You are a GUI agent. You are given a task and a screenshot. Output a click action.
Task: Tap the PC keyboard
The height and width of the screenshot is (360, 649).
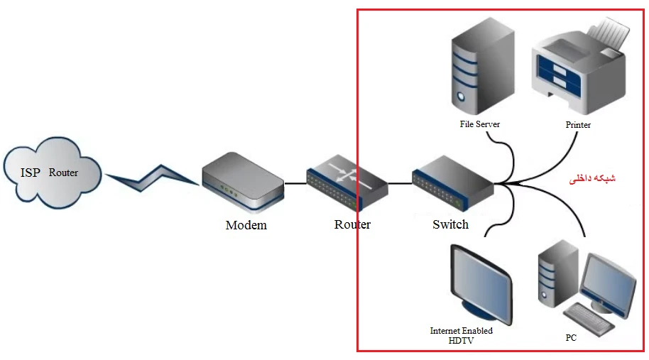(589, 317)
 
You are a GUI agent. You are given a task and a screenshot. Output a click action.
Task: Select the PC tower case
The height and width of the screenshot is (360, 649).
(558, 273)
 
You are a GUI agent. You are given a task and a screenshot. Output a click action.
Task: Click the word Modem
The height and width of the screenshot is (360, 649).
(246, 225)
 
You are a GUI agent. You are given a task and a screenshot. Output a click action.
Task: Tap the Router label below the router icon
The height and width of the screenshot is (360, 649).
(352, 225)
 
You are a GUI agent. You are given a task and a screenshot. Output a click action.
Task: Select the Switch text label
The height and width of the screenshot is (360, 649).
(450, 224)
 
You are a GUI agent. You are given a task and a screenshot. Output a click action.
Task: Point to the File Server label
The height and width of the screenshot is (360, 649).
(479, 124)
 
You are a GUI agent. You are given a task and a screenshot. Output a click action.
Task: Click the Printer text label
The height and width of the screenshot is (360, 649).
(578, 125)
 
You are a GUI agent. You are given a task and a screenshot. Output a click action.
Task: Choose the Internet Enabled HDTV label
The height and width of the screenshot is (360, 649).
(461, 335)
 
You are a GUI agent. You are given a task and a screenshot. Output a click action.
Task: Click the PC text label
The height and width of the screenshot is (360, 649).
(571, 338)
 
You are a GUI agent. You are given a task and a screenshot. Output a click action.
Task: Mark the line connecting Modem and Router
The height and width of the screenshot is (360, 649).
(295, 183)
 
